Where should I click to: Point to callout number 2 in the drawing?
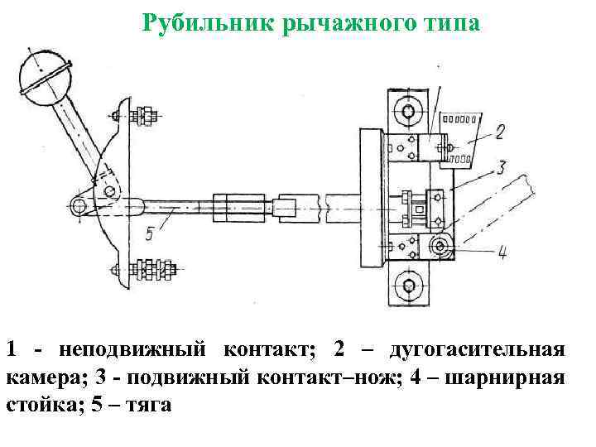click(x=499, y=130)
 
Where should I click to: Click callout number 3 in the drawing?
click(x=499, y=169)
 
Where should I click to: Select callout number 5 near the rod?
click(x=149, y=233)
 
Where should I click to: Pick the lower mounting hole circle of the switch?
click(x=406, y=287)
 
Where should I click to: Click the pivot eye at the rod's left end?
click(x=79, y=204)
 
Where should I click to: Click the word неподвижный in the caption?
click(x=131, y=350)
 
